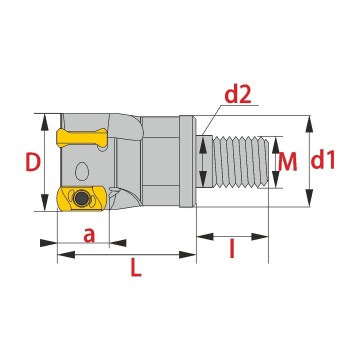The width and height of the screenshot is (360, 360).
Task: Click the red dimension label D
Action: point(33,162)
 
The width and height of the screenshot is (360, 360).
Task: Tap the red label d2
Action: point(238,95)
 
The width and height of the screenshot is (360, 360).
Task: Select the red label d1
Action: point(323,161)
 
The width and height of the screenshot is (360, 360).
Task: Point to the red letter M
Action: point(287,162)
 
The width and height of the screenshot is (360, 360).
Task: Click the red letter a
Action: point(89,235)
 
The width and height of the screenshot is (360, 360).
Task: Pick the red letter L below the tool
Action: point(136,268)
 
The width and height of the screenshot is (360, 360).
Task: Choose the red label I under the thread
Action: point(232,249)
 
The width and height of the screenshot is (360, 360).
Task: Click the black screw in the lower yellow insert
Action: point(81,199)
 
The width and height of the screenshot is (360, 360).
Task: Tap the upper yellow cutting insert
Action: point(82,138)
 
